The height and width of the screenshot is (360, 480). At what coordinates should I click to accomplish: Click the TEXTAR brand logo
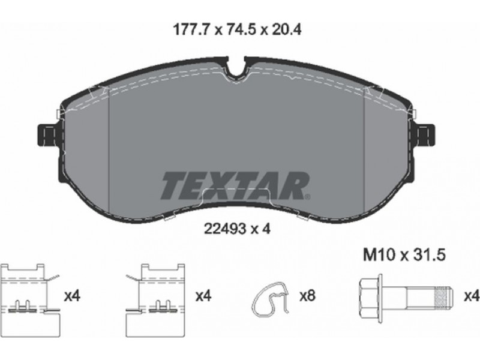pyautogui.click(x=235, y=186)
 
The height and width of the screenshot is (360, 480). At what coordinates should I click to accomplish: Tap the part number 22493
pyautogui.click(x=225, y=229)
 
